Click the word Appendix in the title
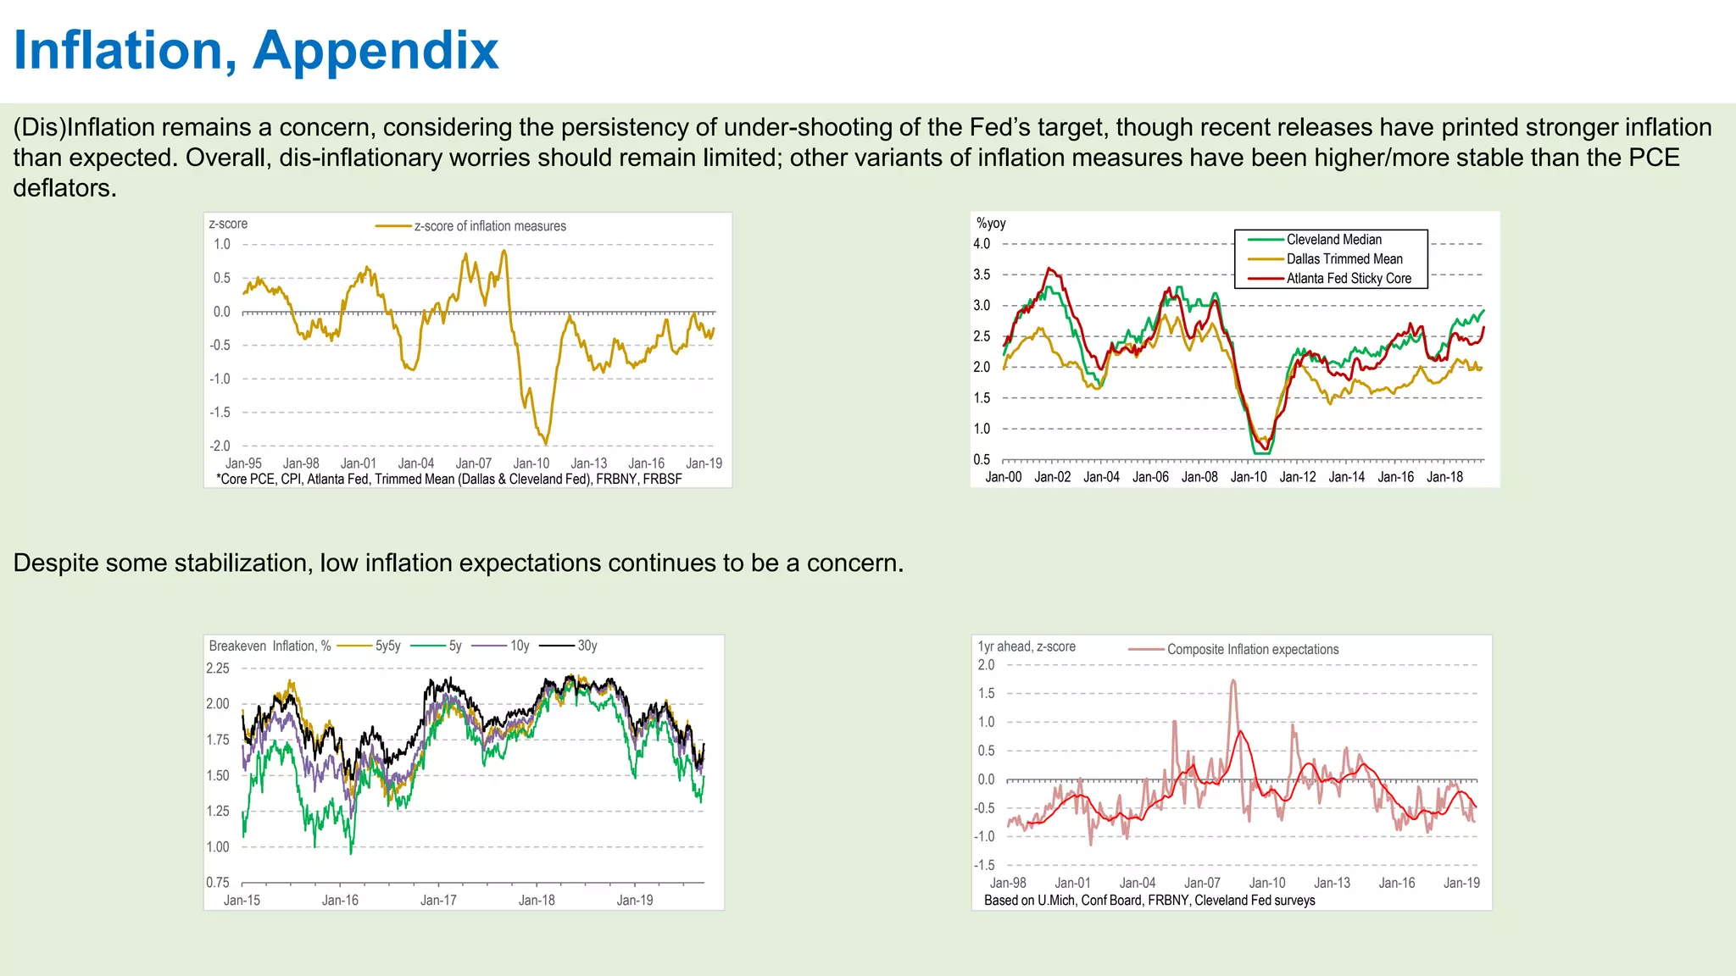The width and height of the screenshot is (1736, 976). [376, 51]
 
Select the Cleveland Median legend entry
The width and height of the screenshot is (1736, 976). [1333, 240]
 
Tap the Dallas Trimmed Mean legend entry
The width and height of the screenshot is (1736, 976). [1344, 259]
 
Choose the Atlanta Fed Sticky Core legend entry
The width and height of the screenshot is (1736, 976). [1348, 279]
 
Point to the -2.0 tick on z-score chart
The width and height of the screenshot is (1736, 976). [220, 446]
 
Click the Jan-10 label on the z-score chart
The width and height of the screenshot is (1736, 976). [531, 463]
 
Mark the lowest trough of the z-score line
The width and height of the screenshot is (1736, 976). [545, 443]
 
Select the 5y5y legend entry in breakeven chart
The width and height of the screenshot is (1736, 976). [387, 646]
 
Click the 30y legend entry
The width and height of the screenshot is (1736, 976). [587, 646]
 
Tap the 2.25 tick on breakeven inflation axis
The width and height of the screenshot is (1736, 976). [218, 668]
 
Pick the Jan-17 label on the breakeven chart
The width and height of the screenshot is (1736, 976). [438, 900]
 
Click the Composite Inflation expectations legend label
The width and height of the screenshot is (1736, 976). [1252, 650]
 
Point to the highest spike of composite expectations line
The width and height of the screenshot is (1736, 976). [1232, 680]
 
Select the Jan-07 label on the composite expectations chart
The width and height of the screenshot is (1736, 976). [1202, 883]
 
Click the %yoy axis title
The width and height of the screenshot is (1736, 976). [991, 224]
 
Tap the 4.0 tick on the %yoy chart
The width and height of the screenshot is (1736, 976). [982, 244]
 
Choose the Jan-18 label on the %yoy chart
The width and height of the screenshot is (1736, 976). [1444, 477]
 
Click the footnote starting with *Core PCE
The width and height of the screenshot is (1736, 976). [449, 480]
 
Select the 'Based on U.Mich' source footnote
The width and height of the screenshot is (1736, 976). [1149, 901]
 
